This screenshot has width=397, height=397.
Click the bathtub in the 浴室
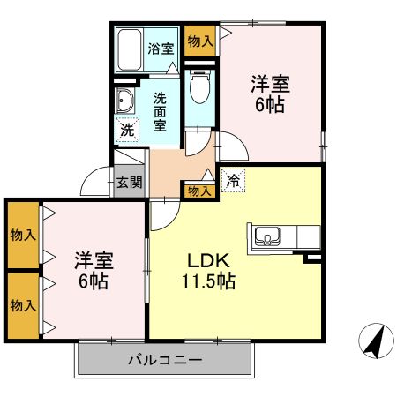pyautogui.click(x=130, y=50)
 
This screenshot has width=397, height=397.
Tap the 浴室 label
pyautogui.click(x=161, y=49)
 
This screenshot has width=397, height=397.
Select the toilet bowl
pyautogui.click(x=200, y=86)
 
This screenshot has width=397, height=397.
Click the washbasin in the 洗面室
pyautogui.click(x=124, y=101)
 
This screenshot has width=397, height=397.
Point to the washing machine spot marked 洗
pyautogui.click(x=127, y=131)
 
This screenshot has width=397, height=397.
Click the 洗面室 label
pyautogui.click(x=160, y=112)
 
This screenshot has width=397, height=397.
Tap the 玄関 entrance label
pyautogui.click(x=130, y=183)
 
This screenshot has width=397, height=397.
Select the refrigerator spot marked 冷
pyautogui.click(x=233, y=181)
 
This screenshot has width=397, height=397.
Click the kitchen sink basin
pyautogui.click(x=267, y=236)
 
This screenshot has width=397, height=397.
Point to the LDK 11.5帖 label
pyautogui.click(x=208, y=271)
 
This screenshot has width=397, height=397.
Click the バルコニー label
pyautogui.click(x=165, y=359)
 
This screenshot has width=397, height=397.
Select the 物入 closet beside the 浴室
pyautogui.click(x=200, y=41)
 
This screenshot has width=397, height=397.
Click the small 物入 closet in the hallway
pyautogui.click(x=199, y=191)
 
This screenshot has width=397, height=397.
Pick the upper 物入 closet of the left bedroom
pyautogui.click(x=23, y=235)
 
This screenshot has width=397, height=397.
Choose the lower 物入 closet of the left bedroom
pyautogui.click(x=23, y=305)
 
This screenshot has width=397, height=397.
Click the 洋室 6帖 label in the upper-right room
pyautogui.click(x=270, y=94)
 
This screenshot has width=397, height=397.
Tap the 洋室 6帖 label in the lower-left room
pyautogui.click(x=94, y=271)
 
